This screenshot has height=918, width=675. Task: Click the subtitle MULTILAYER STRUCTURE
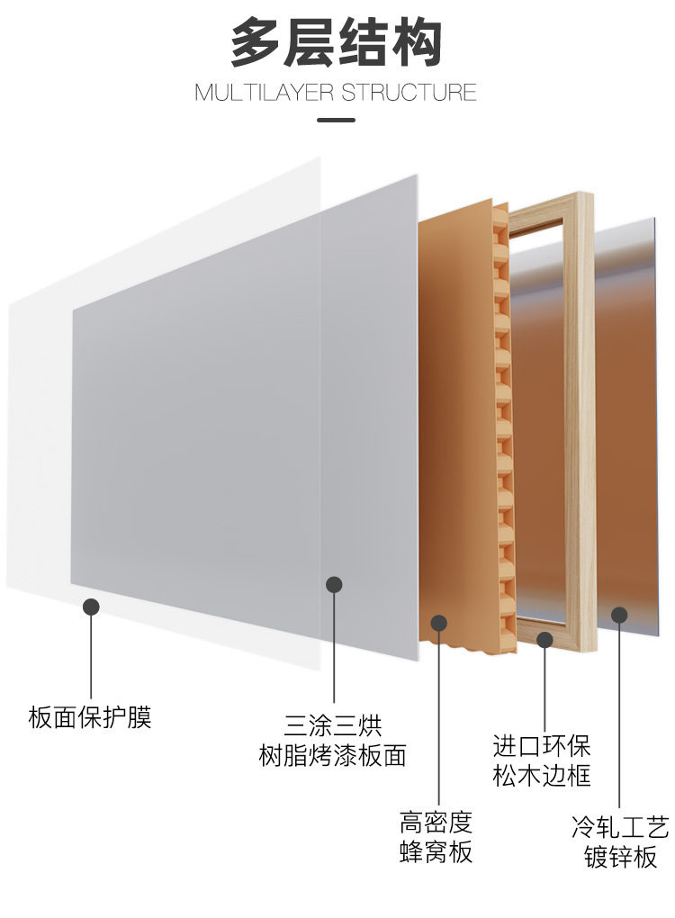[337, 93]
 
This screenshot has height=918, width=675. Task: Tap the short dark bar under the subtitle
[337, 120]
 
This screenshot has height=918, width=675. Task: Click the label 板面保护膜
[90, 717]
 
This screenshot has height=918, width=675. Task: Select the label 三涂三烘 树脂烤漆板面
[333, 740]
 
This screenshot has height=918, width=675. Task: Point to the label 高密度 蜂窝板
[436, 836]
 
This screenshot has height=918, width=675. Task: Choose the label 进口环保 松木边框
[542, 760]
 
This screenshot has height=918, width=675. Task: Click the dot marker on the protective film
[91, 607]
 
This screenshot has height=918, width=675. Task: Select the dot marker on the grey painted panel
[334, 585]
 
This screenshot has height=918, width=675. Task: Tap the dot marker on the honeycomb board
[439, 622]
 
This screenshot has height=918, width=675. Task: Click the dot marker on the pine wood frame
[544, 640]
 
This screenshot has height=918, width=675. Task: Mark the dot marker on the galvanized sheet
[619, 615]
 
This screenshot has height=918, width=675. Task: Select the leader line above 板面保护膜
[91, 657]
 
